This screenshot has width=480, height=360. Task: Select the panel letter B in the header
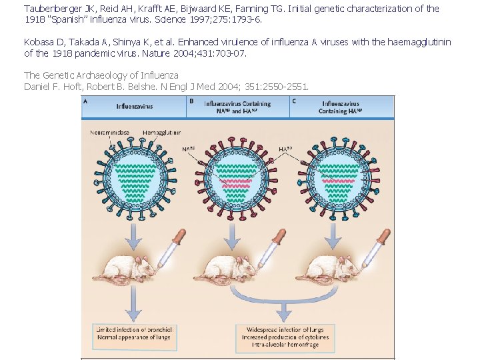coord(192,101)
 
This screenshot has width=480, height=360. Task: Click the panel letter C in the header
coord(294,101)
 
